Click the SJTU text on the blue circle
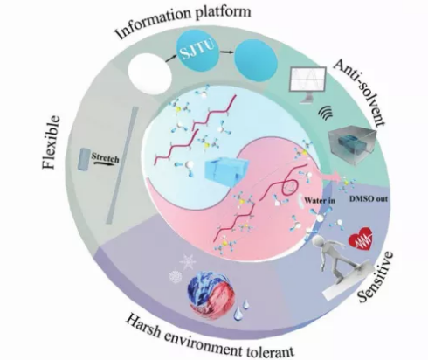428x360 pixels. tap(198, 49)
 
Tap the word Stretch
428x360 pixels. tap(106, 157)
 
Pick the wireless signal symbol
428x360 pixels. tap(326, 114)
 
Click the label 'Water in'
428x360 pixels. tap(320, 200)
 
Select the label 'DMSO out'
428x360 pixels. tap(369, 199)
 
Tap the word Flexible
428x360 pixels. tap(52, 142)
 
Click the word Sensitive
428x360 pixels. tap(376, 277)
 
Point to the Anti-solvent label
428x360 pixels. tap(359, 93)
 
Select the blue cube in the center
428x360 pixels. tap(227, 172)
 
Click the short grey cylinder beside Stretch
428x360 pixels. tap(84, 159)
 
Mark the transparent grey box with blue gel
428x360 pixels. tap(352, 142)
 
